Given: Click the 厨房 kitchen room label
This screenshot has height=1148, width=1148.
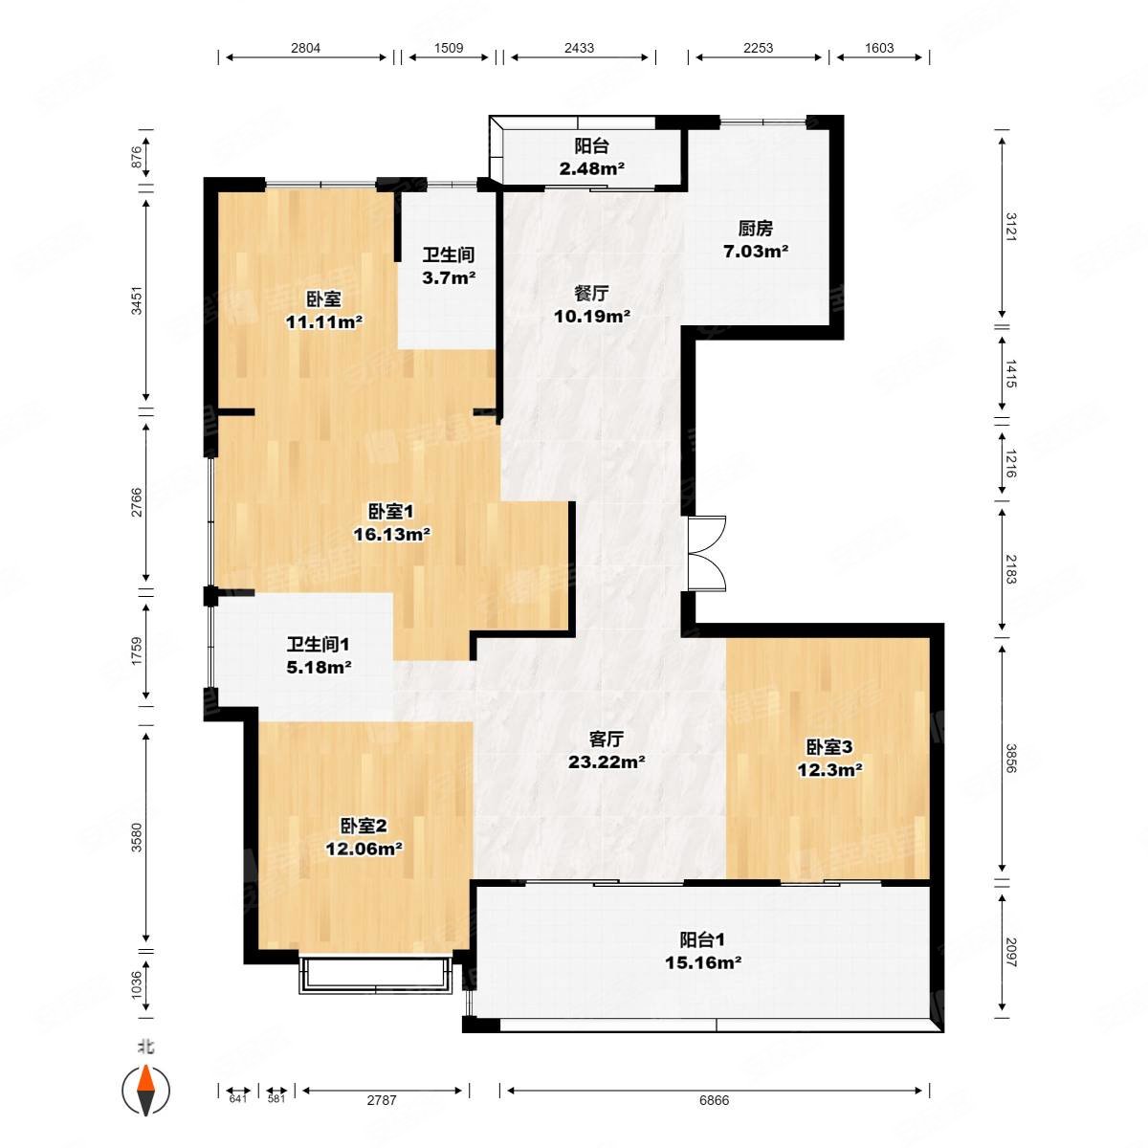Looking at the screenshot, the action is click(x=755, y=229).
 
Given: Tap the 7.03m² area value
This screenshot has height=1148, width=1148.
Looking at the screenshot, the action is click(x=756, y=252).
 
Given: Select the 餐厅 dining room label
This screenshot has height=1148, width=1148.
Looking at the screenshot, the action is click(x=591, y=293).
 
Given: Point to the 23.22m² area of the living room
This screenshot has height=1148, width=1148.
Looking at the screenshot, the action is click(x=607, y=762).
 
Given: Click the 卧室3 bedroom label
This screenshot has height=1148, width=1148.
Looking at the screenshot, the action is click(x=829, y=746).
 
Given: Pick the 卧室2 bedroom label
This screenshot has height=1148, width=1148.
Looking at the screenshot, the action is click(x=364, y=826).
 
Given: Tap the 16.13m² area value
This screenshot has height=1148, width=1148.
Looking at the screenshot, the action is click(x=391, y=535).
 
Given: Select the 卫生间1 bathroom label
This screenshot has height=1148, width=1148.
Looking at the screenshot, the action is click(x=318, y=644).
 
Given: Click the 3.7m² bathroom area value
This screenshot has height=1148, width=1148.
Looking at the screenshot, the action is click(x=449, y=277).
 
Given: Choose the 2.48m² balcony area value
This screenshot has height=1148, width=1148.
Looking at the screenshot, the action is click(x=591, y=168).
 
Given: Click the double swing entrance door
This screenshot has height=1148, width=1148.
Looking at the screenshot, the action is click(x=707, y=554).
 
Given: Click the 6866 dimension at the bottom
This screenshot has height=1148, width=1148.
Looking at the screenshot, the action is click(x=714, y=1100).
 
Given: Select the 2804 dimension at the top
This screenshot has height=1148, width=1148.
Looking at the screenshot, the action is click(x=305, y=48).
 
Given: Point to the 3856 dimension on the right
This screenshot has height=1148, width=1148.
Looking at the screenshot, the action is click(x=1011, y=758).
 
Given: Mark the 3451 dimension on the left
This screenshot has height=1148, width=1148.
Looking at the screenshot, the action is click(x=137, y=300).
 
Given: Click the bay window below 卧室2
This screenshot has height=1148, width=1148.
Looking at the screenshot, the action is click(x=375, y=975).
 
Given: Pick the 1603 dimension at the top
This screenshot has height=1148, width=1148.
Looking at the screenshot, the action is click(x=879, y=48).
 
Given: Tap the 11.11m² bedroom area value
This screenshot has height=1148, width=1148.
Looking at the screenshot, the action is click(x=324, y=322).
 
